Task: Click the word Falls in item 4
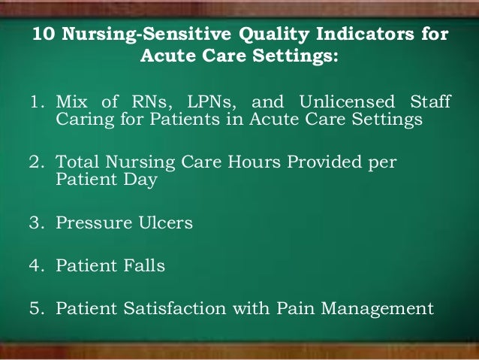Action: click(x=142, y=265)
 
